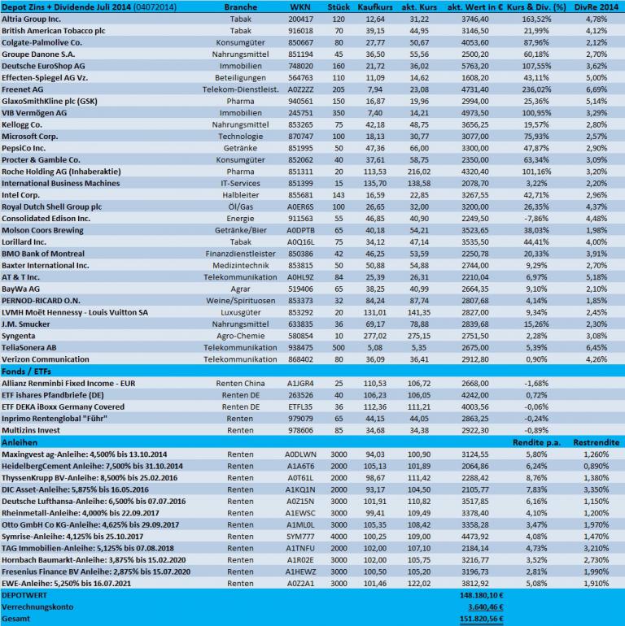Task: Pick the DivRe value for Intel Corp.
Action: pos(596,196)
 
